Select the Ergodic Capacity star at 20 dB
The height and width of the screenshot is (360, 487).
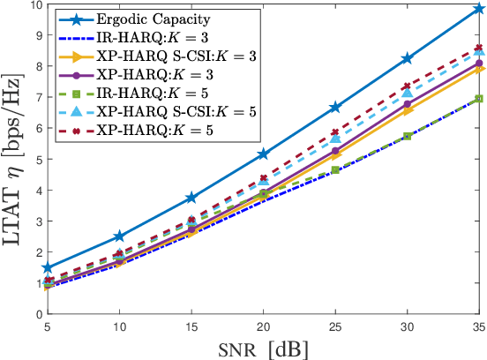point(262,154)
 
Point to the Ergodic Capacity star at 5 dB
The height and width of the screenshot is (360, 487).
point(47,267)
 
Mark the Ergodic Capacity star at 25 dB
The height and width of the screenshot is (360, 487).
point(334,107)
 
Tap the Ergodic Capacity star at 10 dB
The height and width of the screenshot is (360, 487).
point(119,236)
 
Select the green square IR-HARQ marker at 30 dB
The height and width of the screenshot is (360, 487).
point(407,136)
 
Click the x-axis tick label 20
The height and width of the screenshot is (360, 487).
point(262,326)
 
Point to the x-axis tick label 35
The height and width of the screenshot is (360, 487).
point(476,326)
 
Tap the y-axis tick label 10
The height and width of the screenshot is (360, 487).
point(33,6)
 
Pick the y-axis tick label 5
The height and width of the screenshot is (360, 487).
point(36,160)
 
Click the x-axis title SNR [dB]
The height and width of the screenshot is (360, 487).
point(262,349)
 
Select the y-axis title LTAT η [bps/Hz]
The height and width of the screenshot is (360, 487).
point(11,159)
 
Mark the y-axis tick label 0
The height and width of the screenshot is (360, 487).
point(36,313)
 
